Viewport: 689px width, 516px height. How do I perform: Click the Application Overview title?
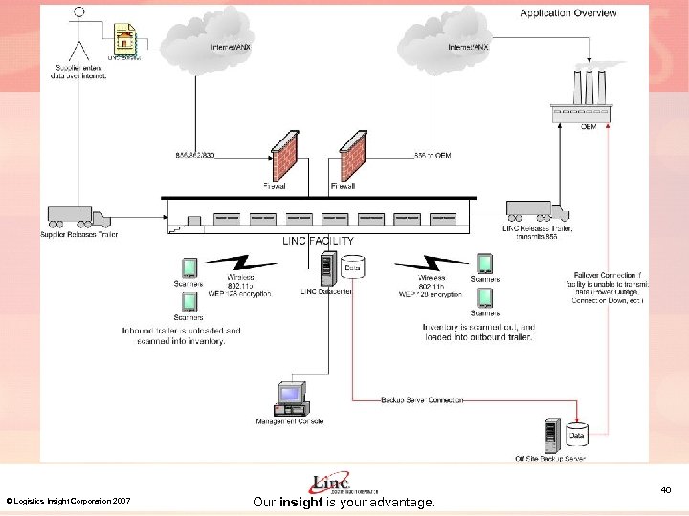pos(568,12)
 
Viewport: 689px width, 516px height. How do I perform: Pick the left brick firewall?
pos(283,159)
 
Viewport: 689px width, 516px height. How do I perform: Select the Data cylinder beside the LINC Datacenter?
pos(352,267)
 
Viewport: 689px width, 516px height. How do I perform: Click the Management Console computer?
pos(289,398)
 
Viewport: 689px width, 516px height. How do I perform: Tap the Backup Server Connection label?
pos(422,399)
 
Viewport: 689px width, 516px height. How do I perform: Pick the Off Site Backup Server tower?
pos(552,436)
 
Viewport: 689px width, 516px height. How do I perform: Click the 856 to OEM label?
pos(433,154)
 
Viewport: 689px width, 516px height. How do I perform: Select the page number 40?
pos(665,490)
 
